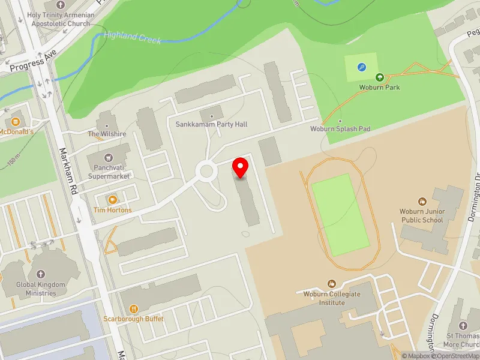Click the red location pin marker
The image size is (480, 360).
(x=241, y=167)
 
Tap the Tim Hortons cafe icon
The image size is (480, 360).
(x=112, y=199)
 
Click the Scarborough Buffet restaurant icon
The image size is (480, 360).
(x=133, y=308)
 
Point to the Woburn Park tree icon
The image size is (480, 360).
(x=379, y=77)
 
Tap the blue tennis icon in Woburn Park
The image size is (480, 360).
(x=361, y=68)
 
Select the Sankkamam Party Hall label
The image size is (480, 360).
(x=211, y=124)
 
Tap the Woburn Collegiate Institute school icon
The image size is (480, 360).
(x=331, y=283)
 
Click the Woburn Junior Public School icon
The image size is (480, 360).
(x=422, y=201)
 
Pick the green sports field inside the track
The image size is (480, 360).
(x=340, y=214)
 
